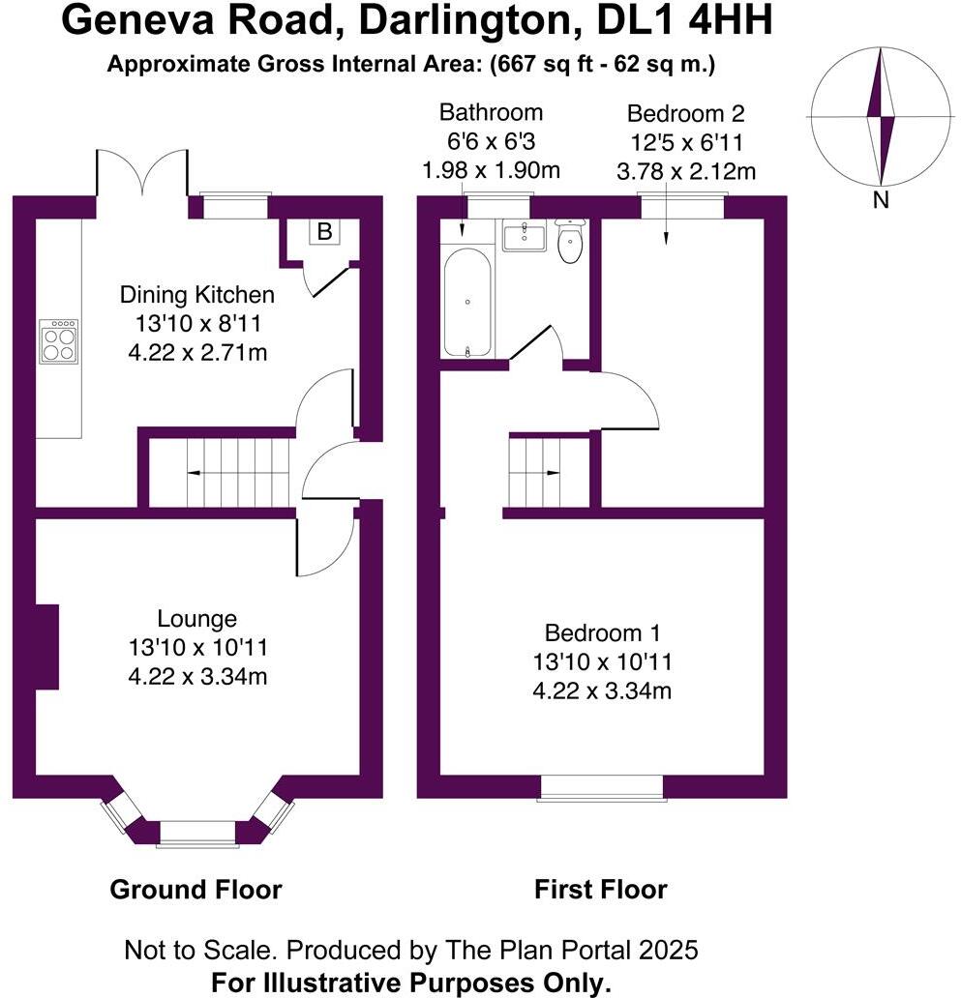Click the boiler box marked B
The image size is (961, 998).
click(x=324, y=232)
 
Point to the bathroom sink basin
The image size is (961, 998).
click(x=525, y=234)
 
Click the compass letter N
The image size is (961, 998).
click(x=881, y=201)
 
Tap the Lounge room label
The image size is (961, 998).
click(x=197, y=619)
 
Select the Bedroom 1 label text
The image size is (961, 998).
click(x=602, y=633)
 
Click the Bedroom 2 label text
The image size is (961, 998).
click(x=685, y=112)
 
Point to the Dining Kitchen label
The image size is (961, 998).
click(x=196, y=295)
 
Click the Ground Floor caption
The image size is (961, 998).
click(x=195, y=889)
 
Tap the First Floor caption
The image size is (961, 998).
click(x=600, y=889)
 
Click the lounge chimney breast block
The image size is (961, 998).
click(x=46, y=647)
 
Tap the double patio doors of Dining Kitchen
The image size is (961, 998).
click(x=141, y=174)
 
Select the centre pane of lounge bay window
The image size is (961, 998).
click(x=197, y=833)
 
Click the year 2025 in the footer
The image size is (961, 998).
click(x=665, y=950)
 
